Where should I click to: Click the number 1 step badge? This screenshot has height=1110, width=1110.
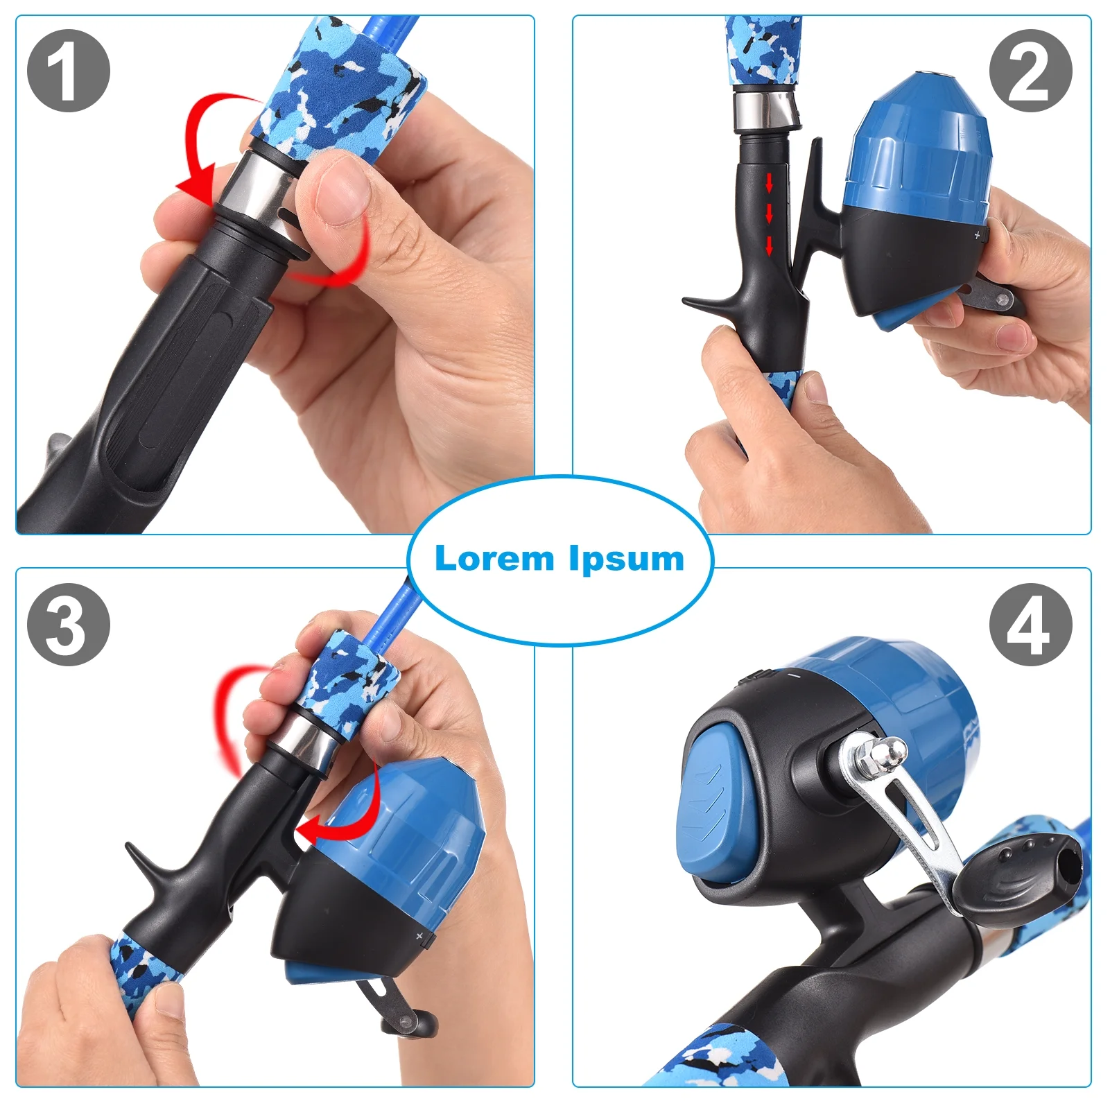click(x=69, y=71)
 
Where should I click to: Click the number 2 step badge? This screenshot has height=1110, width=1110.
click(x=1030, y=71)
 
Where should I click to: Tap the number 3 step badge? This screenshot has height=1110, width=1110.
click(x=69, y=625)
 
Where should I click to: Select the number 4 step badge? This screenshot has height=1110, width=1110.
click(x=1030, y=625)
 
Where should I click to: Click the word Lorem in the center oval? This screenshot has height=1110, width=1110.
click(x=494, y=558)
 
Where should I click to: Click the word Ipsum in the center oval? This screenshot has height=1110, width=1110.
click(x=627, y=560)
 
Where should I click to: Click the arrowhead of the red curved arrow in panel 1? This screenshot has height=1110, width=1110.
click(x=196, y=183)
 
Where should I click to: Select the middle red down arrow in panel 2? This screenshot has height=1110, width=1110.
click(x=769, y=214)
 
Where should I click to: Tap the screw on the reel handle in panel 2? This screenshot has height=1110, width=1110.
click(x=1000, y=300)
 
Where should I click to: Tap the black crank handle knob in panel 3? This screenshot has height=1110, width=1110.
click(x=409, y=1023)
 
